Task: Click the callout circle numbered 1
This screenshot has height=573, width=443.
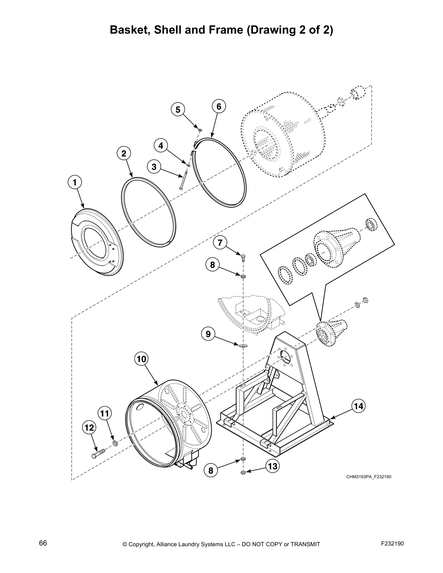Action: click(75, 183)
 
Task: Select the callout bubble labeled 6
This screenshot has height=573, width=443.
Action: click(219, 106)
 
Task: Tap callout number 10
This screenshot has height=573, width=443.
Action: click(141, 359)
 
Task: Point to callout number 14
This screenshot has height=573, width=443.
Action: click(358, 406)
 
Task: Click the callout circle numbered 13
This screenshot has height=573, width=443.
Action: click(273, 466)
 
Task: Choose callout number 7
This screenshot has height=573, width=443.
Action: click(220, 242)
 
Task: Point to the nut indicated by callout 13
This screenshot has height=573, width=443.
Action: click(243, 473)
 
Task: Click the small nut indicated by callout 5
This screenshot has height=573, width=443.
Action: click(200, 129)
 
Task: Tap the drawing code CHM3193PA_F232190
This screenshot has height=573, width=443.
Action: click(368, 476)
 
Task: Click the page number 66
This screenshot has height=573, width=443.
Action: click(43, 543)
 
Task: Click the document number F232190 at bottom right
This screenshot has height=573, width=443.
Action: click(392, 543)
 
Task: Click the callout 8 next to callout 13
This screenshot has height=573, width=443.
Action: click(211, 471)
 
